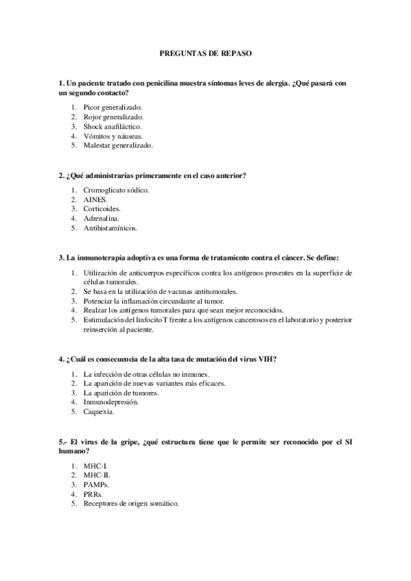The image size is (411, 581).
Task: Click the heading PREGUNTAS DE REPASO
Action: point(205,52)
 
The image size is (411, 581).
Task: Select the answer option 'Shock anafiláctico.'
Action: point(113,127)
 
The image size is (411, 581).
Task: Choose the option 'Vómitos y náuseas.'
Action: point(113,136)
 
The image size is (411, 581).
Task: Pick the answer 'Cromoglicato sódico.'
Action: point(116,189)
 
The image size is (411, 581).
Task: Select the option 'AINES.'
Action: point(95,199)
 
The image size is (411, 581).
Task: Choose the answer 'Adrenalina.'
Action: point(102,218)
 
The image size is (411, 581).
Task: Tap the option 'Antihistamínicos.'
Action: point(110,227)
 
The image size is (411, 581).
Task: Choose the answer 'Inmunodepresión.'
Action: point(110,402)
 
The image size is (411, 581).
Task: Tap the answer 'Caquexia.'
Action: point(99,412)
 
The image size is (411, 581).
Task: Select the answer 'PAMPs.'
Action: point(97,484)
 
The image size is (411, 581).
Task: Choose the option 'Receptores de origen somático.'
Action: point(131,504)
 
